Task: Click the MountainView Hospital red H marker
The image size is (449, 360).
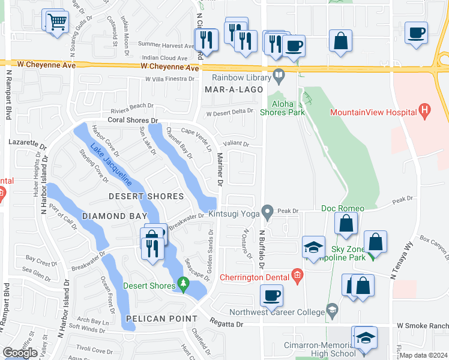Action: tap(426, 111)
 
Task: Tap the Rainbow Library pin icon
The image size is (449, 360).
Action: tap(279, 76)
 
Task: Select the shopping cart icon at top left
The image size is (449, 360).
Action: tap(57, 22)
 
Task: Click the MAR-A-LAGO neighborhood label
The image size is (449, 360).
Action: tap(234, 89)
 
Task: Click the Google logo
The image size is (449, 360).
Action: tap(20, 352)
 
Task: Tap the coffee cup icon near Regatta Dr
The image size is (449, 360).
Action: tap(272, 296)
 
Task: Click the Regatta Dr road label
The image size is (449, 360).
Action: tap(226, 324)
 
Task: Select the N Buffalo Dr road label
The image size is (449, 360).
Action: tap(262, 248)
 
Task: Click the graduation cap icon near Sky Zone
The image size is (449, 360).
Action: tap(313, 247)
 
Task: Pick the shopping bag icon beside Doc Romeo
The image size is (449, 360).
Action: tap(346, 224)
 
